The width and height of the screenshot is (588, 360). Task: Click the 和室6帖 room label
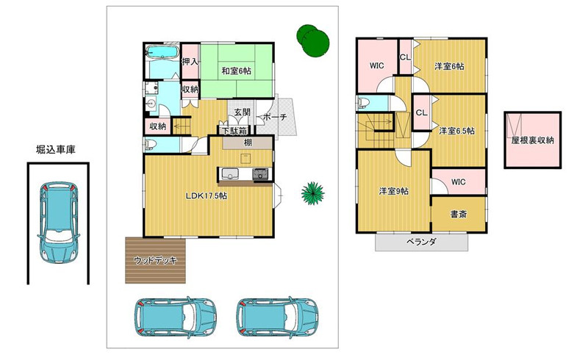(236, 71)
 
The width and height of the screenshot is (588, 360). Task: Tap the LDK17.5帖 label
(207, 195)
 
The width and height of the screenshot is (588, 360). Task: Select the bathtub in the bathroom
(162, 52)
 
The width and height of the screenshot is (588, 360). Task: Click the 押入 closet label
(190, 61)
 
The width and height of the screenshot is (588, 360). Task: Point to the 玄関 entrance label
(243, 112)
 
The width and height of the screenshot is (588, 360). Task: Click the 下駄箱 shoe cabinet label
(234, 132)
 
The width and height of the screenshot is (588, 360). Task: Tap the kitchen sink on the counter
(230, 174)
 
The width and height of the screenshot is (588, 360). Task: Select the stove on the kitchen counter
(260, 174)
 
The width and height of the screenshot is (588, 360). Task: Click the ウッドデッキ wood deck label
(155, 260)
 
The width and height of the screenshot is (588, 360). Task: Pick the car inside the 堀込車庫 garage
(59, 222)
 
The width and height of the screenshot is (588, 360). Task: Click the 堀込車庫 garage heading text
(56, 150)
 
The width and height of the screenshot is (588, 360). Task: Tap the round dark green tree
(313, 40)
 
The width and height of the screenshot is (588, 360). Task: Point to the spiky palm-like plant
(313, 193)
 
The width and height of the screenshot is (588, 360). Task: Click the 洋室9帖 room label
(394, 191)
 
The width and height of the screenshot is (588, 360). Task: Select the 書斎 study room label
(458, 215)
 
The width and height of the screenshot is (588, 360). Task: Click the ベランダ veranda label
(421, 242)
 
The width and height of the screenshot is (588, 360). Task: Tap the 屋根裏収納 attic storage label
(532, 140)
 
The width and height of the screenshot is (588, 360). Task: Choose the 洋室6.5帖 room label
(456, 131)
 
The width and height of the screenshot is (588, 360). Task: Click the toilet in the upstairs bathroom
(362, 103)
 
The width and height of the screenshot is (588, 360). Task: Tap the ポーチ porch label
(274, 117)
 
